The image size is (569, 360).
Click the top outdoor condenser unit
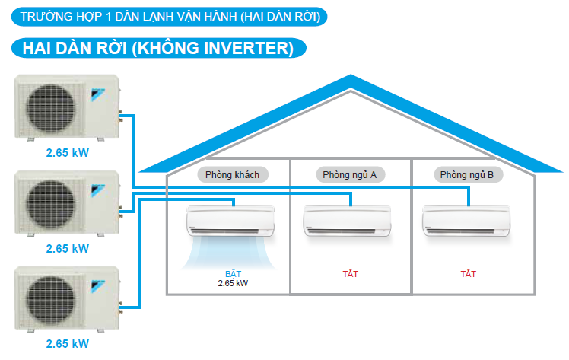coord(67,108)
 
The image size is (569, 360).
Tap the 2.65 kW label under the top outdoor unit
coord(67,153)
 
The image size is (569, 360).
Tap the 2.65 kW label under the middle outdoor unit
coord(67,248)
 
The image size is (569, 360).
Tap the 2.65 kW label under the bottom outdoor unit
coord(67,344)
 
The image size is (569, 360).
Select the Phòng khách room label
coord(233,175)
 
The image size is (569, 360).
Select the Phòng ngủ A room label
coord(350,175)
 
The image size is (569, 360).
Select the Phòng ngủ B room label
coord(467,175)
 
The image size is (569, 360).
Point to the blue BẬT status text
coord(233,272)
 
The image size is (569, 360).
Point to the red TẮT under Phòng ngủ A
coord(350,272)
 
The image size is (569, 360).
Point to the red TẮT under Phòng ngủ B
coord(469,272)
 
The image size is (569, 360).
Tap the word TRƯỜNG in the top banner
coord(47,15)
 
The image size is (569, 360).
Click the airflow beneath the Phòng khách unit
coord(231,251)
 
